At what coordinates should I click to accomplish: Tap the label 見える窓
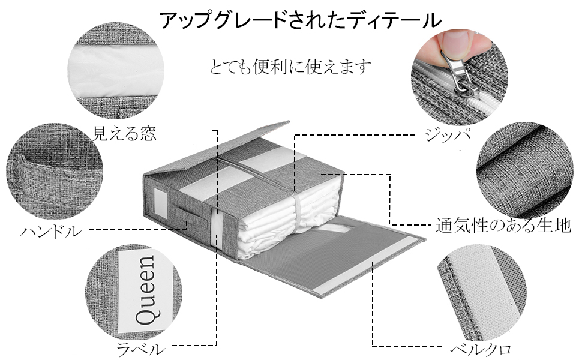[x=124, y=133]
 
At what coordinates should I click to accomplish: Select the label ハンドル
[x=50, y=231]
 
